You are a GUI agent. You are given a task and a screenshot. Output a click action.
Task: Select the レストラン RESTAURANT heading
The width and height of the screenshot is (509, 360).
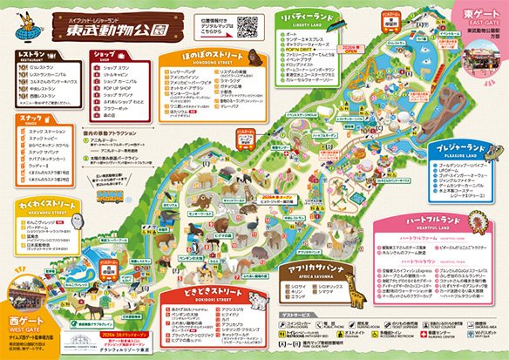[33, 54]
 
